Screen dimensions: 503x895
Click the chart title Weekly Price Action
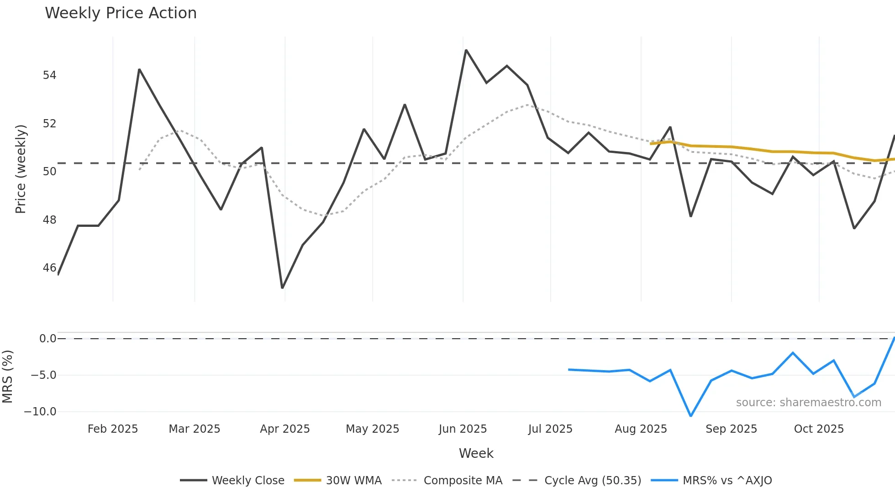click(121, 13)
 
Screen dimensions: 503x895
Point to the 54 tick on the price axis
click(49, 75)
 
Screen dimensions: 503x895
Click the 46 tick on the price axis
click(49, 268)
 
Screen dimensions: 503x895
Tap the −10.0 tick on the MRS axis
click(40, 412)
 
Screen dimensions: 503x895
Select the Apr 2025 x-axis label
click(284, 429)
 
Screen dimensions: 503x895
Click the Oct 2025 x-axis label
click(818, 429)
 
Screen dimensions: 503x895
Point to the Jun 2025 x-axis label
click(463, 429)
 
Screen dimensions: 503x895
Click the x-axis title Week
click(476, 453)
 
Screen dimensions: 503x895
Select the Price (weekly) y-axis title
click(21, 169)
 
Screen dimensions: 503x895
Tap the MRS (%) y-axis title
click(8, 377)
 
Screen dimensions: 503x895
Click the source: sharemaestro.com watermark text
click(808, 403)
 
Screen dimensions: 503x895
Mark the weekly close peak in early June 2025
click(466, 50)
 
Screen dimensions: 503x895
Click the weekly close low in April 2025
click(282, 288)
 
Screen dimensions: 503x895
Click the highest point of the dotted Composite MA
click(527, 105)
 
